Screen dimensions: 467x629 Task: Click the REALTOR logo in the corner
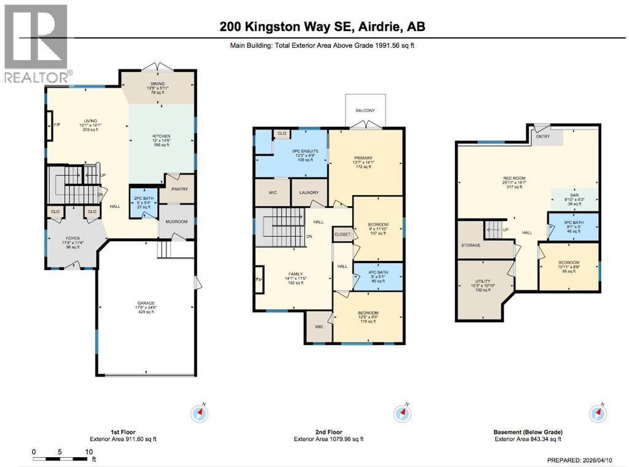tap(36, 43)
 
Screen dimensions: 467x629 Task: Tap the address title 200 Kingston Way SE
tap(322, 26)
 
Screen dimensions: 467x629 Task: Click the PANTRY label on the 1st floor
tap(179, 190)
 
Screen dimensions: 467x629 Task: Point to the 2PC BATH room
tap(142, 202)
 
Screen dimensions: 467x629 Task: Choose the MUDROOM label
tap(176, 222)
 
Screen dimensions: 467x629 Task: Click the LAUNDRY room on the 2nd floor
tap(308, 192)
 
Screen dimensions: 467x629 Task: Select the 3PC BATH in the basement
tap(572, 226)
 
